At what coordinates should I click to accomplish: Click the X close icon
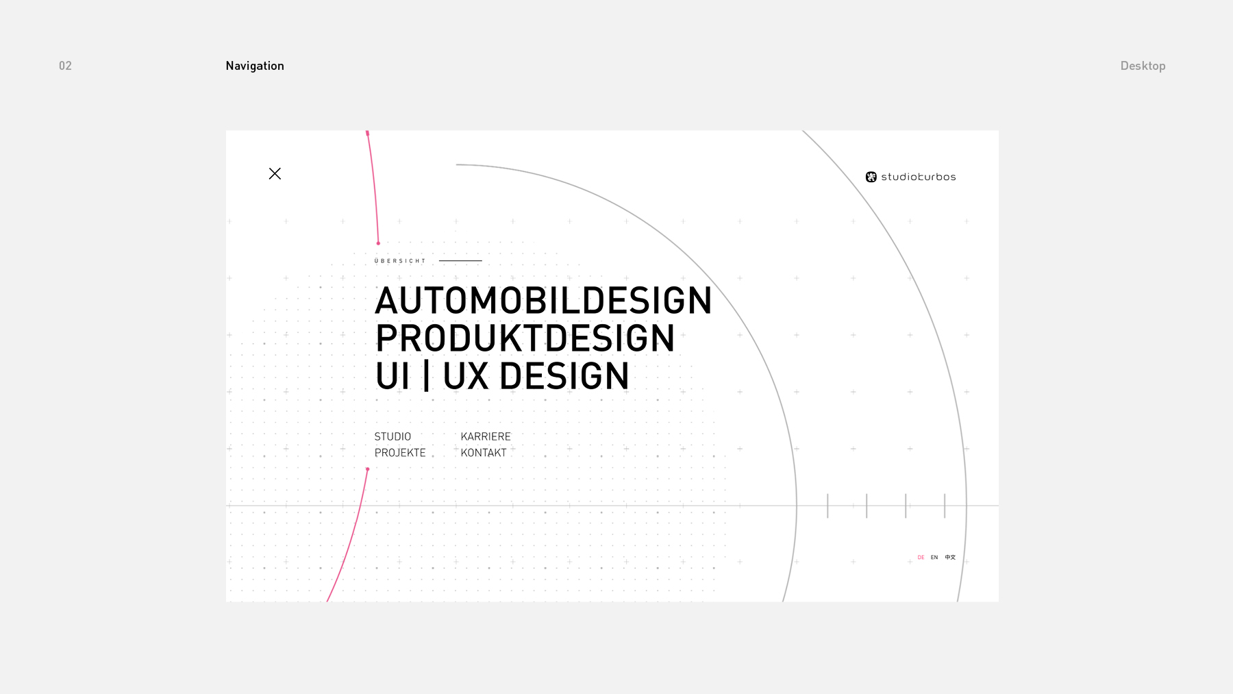275,174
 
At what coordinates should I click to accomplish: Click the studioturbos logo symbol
871,177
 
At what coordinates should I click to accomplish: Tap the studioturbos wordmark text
919,177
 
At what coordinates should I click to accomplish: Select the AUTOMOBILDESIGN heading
543,301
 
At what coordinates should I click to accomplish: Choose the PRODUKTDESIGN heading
525,338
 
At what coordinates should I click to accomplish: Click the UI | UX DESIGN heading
502,376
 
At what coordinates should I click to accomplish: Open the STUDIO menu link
393,436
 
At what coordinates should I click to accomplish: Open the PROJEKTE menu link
400,453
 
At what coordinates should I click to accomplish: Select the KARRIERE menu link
486,436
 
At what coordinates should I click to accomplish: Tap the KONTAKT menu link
484,453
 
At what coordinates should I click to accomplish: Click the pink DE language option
921,558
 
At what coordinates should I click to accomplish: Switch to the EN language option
934,558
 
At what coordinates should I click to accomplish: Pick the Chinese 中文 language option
950,558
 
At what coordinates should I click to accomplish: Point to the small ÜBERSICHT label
400,261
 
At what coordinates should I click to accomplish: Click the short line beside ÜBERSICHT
460,261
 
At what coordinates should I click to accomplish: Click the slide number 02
65,66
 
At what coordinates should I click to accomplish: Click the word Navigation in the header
255,66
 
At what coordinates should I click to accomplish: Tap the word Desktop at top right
1143,66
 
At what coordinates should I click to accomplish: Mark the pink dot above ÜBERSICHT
378,243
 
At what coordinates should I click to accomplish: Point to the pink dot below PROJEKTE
368,469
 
